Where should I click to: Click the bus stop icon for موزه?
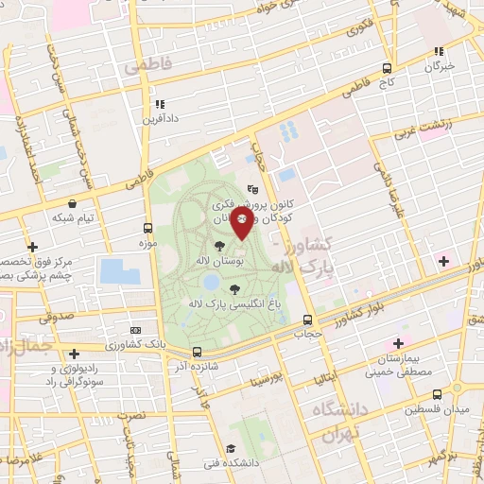(147, 228)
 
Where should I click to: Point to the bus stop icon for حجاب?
(306, 320)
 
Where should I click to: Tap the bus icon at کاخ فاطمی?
(386, 68)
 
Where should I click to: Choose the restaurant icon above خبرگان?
(438, 52)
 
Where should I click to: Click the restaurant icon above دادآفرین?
(159, 104)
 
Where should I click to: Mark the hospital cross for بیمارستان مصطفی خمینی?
(398, 342)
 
